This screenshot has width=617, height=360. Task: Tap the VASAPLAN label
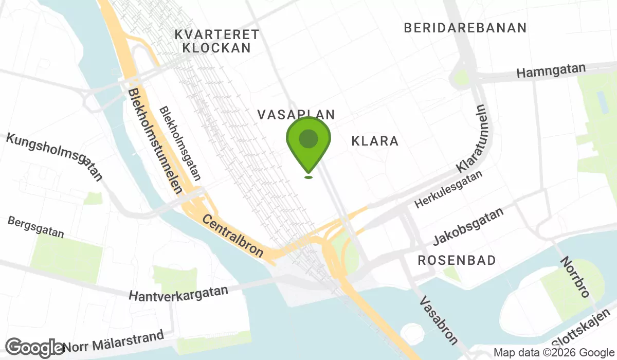coord(296,115)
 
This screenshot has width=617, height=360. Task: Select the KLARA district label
coord(375,141)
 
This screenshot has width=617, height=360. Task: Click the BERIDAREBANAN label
coord(465,28)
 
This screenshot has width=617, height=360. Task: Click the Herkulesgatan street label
coord(449,190)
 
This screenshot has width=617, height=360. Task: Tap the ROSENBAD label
coord(457,260)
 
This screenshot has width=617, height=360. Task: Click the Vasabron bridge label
coord(439,319)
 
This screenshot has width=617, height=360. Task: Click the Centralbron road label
coord(233,236)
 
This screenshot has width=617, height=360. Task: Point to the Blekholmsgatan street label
coord(179,144)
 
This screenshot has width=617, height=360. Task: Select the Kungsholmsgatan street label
coord(54,156)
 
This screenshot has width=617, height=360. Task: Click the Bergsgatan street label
coord(35,227)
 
